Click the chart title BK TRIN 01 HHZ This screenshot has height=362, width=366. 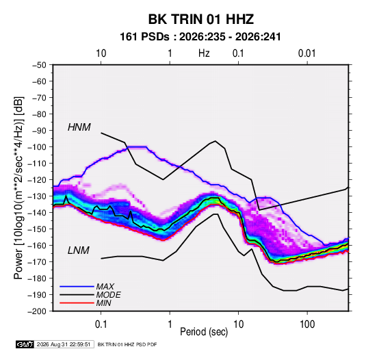pos(201,19)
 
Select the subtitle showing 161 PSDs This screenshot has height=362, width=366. pos(200,37)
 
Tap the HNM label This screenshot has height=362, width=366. pos(79,127)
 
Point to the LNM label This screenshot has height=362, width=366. pos(79,250)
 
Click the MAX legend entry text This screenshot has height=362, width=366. pos(105,286)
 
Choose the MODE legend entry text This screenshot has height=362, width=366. pos(108,295)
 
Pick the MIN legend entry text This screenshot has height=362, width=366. pos(103,303)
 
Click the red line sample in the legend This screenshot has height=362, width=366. pos(77,303)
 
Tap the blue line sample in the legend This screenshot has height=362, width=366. pos(77,286)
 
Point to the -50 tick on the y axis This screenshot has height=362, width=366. pos(39,65)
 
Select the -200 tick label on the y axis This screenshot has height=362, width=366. pos(37,311)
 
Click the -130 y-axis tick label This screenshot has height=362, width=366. pos(37,196)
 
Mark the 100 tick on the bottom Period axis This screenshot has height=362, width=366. pos(307,324)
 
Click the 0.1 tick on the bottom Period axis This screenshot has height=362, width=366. pos(101,324)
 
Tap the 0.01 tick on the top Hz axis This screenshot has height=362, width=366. pos(307,53)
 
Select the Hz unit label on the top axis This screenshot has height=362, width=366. pos(204,53)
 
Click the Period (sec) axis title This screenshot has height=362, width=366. pos(204,332)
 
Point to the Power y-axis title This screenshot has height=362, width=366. pos(18,188)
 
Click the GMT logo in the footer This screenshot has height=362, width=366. pos(25,344)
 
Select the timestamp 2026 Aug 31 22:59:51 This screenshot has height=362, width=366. pos(64,344)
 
